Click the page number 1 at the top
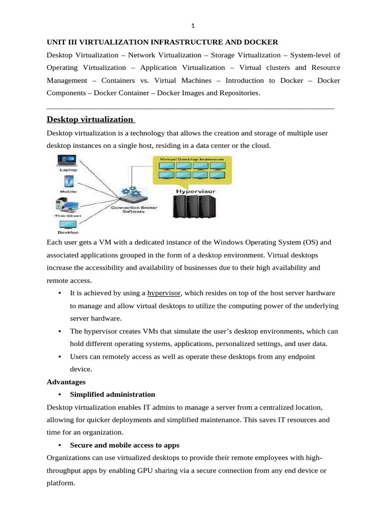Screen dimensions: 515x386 (x=192, y=26)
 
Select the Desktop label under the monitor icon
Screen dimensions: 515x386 (x=68, y=232)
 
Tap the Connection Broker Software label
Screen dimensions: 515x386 (x=130, y=209)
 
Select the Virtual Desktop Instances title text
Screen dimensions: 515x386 (x=191, y=158)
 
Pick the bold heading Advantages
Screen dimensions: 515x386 (x=66, y=382)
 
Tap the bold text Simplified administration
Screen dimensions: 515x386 (x=113, y=394)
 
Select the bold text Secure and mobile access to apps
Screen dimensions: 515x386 (x=125, y=445)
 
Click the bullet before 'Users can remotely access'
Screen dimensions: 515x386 (x=60, y=357)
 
